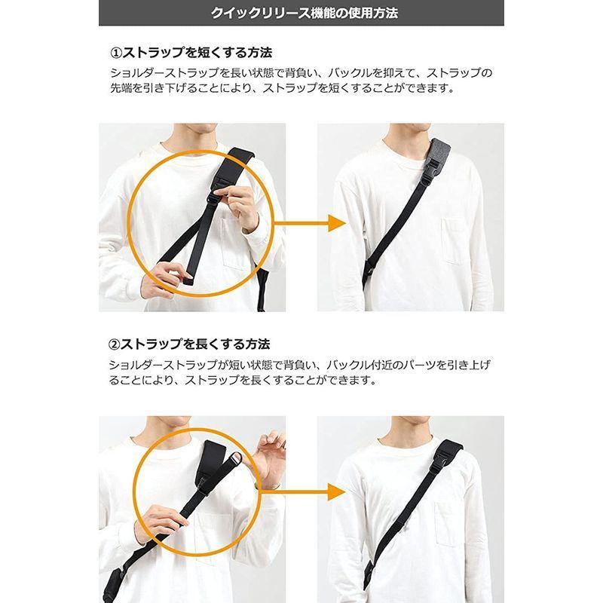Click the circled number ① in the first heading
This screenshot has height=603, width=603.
[116, 54]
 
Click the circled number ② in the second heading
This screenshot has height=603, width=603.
[116, 344]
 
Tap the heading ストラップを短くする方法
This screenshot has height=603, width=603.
[197, 54]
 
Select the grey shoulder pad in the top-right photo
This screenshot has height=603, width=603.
[436, 155]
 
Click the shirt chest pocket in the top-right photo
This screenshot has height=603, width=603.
[453, 240]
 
